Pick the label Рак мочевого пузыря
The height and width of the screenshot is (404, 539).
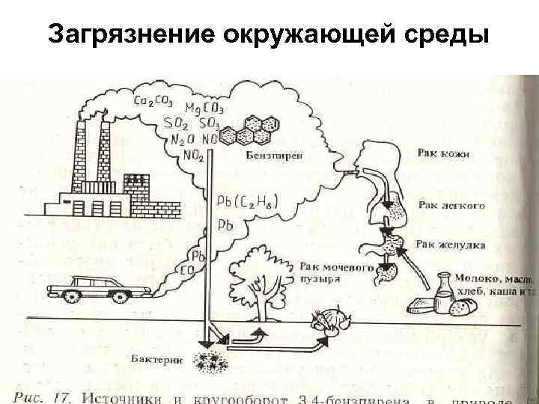pyautogui.click(x=331, y=271)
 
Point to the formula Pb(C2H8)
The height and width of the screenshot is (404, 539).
pyautogui.click(x=243, y=201)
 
